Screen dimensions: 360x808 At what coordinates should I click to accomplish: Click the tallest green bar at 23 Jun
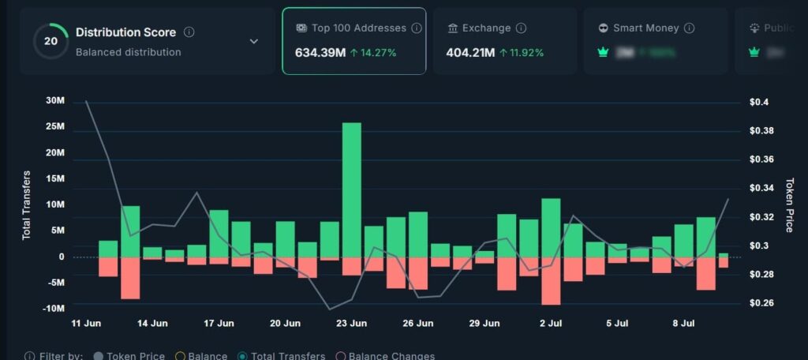[x=351, y=189]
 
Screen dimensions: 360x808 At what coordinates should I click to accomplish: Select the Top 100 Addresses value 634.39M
[x=319, y=53]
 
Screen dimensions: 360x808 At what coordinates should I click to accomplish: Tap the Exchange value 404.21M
[x=465, y=53]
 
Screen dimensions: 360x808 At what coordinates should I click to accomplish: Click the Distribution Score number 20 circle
[x=50, y=41]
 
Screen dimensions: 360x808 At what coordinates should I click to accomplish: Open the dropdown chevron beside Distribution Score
[x=253, y=41]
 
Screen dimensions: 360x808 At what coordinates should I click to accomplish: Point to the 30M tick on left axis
[x=55, y=101]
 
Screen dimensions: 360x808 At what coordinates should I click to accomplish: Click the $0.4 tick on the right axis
[x=759, y=103]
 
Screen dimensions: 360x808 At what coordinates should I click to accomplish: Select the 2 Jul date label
[x=550, y=324]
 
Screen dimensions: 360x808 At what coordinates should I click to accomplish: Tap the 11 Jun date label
[x=86, y=324]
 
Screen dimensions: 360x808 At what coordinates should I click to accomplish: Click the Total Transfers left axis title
[x=26, y=204]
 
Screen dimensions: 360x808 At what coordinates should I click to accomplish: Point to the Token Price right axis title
[x=788, y=204]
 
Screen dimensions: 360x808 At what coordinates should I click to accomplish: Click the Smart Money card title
[x=645, y=28]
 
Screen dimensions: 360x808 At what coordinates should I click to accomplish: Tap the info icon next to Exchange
[x=521, y=28]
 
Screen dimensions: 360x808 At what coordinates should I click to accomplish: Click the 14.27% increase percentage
[x=373, y=53]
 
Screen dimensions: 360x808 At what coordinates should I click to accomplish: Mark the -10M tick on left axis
[x=53, y=308]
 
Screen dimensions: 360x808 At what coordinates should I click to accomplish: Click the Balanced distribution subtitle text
[x=128, y=52]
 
